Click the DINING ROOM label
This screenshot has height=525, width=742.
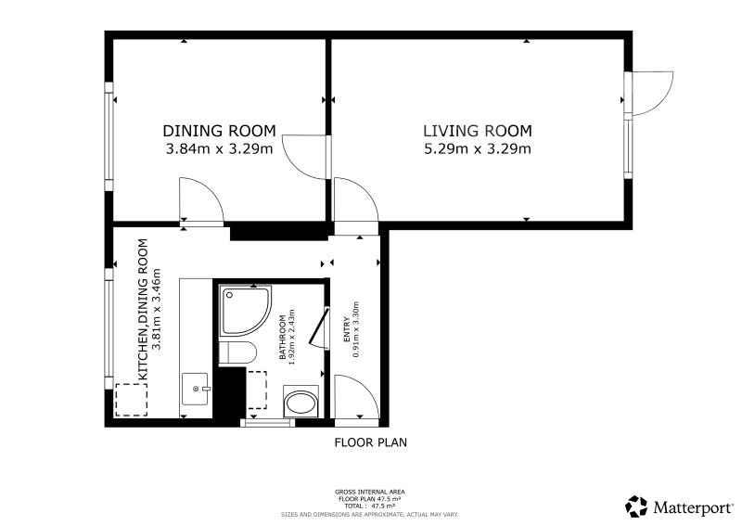point(219,131)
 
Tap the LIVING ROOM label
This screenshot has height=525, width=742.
point(478,131)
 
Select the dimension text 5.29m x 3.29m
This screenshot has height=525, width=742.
point(478,149)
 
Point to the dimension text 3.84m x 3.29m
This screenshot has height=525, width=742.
point(219,149)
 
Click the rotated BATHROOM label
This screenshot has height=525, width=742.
point(283,337)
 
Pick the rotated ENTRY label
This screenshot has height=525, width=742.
point(347,329)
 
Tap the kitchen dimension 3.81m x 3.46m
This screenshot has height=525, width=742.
point(157,310)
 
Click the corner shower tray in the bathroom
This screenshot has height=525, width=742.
point(246,312)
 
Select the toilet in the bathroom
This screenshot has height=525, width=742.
point(237,352)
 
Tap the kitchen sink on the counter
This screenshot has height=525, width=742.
point(195,390)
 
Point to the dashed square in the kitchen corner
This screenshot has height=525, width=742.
point(132,400)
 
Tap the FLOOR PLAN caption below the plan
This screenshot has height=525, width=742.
point(370,442)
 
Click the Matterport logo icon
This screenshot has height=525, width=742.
point(636,506)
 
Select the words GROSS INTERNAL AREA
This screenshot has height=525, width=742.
point(369,493)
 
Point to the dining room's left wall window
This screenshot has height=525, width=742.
point(109,136)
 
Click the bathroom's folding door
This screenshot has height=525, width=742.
point(319,327)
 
